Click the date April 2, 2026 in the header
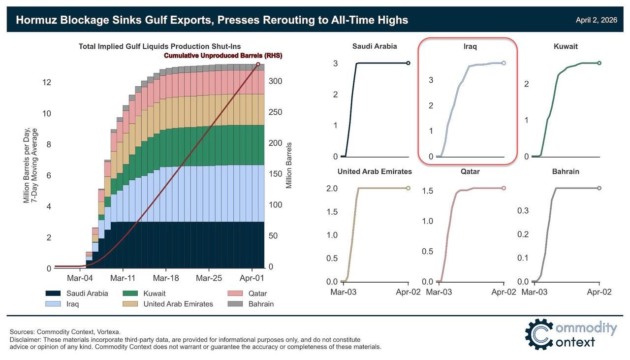pyautogui.click(x=596, y=20)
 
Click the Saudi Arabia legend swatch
pyautogui.click(x=55, y=294)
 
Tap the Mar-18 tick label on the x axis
pyautogui.click(x=166, y=278)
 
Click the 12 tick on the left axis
pyautogui.click(x=47, y=82)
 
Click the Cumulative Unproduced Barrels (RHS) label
pyautogui.click(x=223, y=56)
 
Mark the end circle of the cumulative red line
pyautogui.click(x=258, y=64)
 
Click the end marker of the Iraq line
pyautogui.click(x=504, y=63)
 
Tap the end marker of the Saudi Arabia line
pyautogui.click(x=408, y=63)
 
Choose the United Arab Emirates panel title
pyautogui.click(x=375, y=172)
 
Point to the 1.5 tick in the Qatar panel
pyautogui.click(x=427, y=191)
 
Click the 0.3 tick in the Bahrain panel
pyautogui.click(x=522, y=211)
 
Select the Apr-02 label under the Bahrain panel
pyautogui.click(x=599, y=292)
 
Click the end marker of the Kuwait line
pyautogui.click(x=599, y=63)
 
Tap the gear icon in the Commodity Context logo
pyautogui.click(x=540, y=334)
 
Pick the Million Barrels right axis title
pyautogui.click(x=289, y=165)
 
